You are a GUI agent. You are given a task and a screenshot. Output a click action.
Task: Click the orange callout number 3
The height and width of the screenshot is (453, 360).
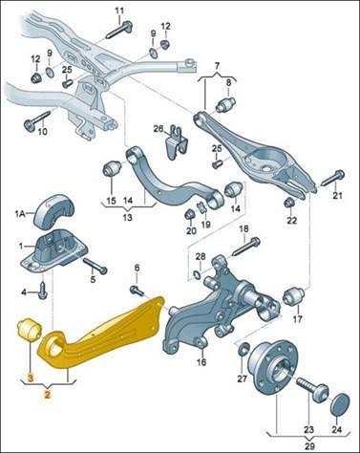point(31,378)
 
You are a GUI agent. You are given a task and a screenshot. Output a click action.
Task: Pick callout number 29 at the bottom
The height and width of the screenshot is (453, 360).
point(309,445)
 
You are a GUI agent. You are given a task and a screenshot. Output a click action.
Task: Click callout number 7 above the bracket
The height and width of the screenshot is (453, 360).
point(217,67)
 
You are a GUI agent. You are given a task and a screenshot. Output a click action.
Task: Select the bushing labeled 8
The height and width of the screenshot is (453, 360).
point(225,104)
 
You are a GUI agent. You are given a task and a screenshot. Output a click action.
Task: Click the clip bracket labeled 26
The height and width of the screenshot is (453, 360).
point(177,141)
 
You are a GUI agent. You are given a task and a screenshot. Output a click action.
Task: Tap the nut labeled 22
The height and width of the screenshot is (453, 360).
point(290,203)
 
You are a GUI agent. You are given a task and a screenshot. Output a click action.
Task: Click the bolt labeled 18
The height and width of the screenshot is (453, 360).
point(247,246)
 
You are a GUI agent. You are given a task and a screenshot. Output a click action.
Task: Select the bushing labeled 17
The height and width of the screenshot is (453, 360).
point(294,296)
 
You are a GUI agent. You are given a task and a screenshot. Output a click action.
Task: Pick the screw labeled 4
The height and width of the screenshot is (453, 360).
point(42,291)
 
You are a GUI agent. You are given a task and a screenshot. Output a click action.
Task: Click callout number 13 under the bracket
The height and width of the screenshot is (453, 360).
point(127,218)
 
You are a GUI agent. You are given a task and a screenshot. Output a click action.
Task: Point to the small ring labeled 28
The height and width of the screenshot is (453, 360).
point(197,273)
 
